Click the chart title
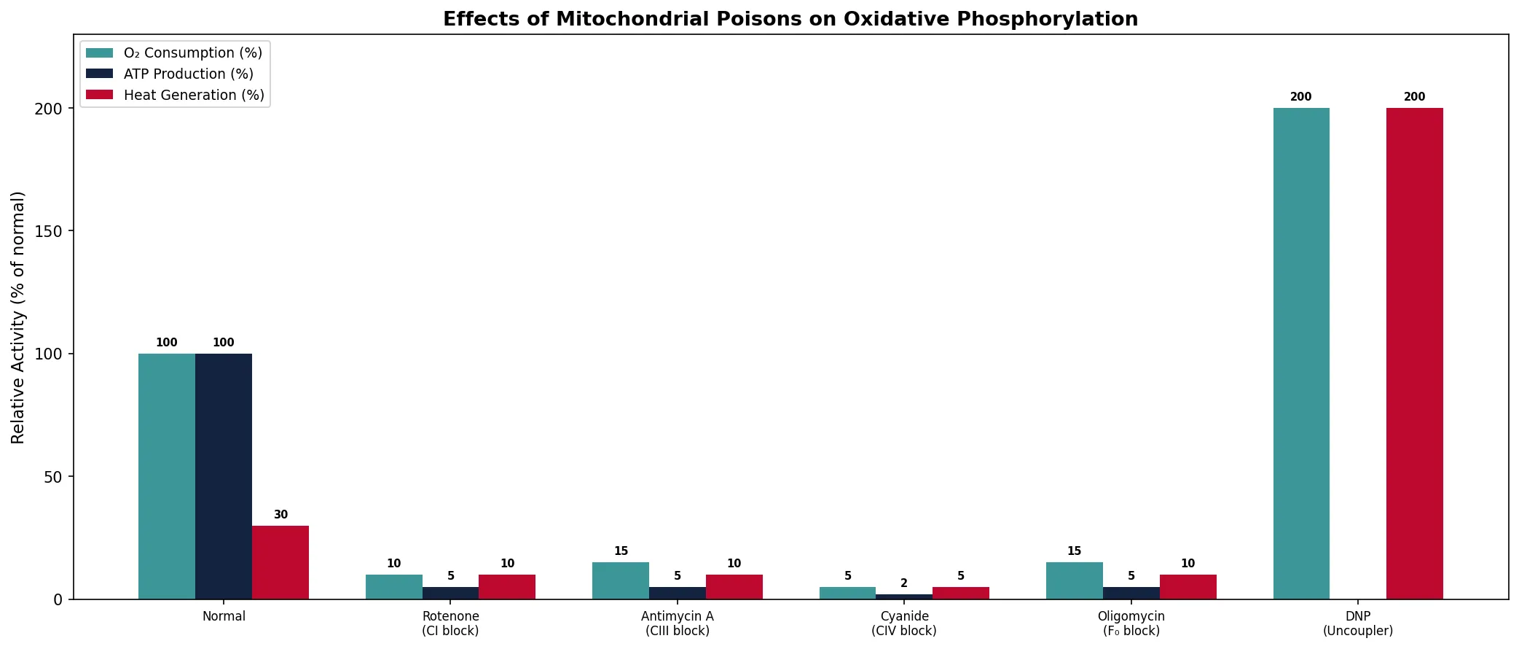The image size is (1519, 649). point(790,20)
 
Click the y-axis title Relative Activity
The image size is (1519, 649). point(18,317)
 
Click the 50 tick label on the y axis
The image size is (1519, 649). point(54,477)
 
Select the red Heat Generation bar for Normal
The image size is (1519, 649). point(280,562)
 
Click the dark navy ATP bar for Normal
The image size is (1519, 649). point(224,476)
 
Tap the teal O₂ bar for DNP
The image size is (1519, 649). point(1301,354)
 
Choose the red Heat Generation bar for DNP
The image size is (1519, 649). point(1414,354)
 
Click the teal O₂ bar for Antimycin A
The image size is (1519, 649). point(621,581)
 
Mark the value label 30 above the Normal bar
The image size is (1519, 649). point(280,515)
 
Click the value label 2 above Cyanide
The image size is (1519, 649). point(904,583)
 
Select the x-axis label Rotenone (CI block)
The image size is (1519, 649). point(450,623)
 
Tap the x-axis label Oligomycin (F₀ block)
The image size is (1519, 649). point(1131,623)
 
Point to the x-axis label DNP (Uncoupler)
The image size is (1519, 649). point(1357,623)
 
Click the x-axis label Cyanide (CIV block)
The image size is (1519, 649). point(904,623)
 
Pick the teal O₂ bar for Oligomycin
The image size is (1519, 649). point(1074,581)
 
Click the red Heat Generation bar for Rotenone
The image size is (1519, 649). point(507,587)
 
